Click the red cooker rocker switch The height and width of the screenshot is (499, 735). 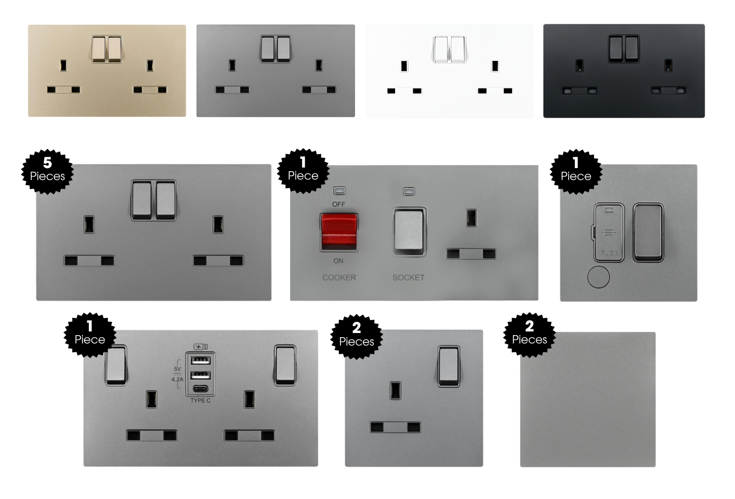[x=338, y=232]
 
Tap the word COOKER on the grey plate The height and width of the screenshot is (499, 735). [x=339, y=277]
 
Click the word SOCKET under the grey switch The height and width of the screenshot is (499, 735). [x=408, y=277]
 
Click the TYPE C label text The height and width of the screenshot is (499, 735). [x=200, y=400]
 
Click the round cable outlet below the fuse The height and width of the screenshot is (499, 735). [x=598, y=277]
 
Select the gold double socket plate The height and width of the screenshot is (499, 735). [x=107, y=71]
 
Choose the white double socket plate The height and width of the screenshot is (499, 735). [x=450, y=71]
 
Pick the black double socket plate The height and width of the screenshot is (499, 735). [x=624, y=71]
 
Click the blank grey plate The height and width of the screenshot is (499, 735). [x=587, y=399]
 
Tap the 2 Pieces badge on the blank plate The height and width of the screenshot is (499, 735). [x=529, y=333]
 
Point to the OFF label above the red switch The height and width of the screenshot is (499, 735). [x=338, y=204]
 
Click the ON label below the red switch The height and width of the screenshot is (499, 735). [x=338, y=261]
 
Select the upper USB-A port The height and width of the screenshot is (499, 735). [x=201, y=361]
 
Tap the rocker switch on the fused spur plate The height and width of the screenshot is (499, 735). [x=648, y=232]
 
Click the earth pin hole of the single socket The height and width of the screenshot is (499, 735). [x=395, y=390]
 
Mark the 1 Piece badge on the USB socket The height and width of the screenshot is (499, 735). [x=89, y=334]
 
